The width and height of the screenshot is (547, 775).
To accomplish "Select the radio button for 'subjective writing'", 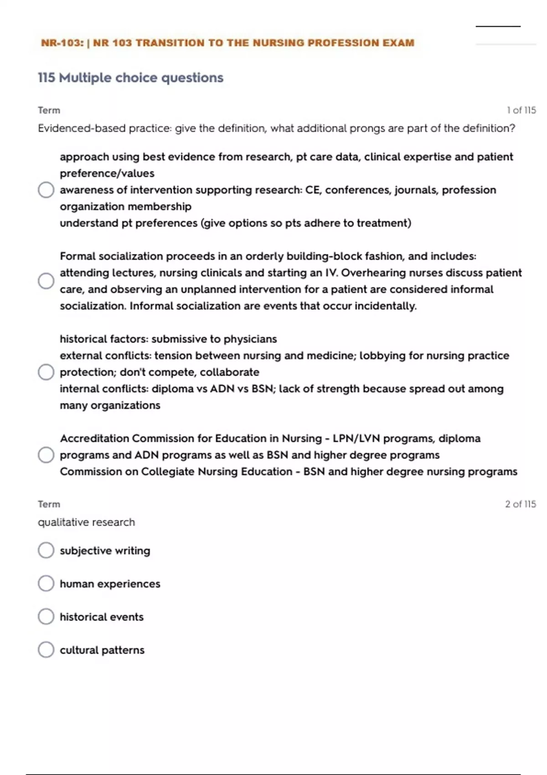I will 46,550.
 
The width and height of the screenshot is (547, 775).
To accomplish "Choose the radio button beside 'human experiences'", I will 46,584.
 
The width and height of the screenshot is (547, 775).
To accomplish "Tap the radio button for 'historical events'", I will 46,616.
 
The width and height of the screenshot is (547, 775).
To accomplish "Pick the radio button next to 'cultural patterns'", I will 46,650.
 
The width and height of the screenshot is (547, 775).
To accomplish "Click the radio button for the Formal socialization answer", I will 46,281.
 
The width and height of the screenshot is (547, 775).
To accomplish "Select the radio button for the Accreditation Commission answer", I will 46,455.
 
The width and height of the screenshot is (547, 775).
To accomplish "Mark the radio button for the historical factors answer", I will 46,372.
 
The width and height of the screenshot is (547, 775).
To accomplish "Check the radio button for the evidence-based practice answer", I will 46,190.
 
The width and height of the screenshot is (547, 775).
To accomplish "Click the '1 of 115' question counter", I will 521,110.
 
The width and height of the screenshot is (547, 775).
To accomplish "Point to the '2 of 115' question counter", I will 520,504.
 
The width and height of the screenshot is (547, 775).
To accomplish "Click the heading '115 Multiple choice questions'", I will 130,78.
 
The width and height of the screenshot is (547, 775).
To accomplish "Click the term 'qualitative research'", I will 86,522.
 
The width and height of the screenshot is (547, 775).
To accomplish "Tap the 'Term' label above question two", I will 49,504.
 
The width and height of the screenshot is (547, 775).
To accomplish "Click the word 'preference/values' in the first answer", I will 107,174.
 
